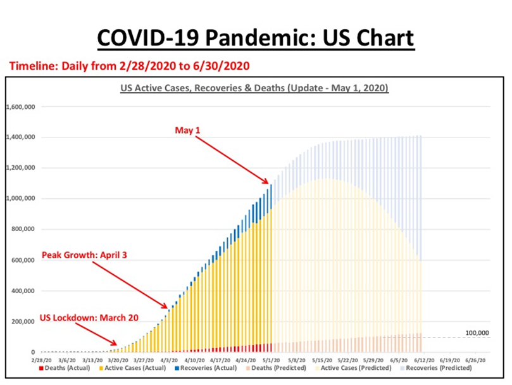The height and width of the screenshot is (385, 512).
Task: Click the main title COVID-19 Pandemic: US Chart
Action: click(x=256, y=38)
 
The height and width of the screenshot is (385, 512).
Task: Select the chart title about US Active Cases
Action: click(x=254, y=88)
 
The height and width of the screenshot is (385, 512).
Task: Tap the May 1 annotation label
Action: click(x=187, y=129)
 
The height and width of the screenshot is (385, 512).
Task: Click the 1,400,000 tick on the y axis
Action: click(x=21, y=137)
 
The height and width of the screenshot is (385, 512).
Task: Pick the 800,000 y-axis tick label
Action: click(x=23, y=229)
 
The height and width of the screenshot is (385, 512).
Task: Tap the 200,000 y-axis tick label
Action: click(x=23, y=322)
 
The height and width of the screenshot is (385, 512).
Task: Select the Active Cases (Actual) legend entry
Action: click(x=134, y=368)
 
